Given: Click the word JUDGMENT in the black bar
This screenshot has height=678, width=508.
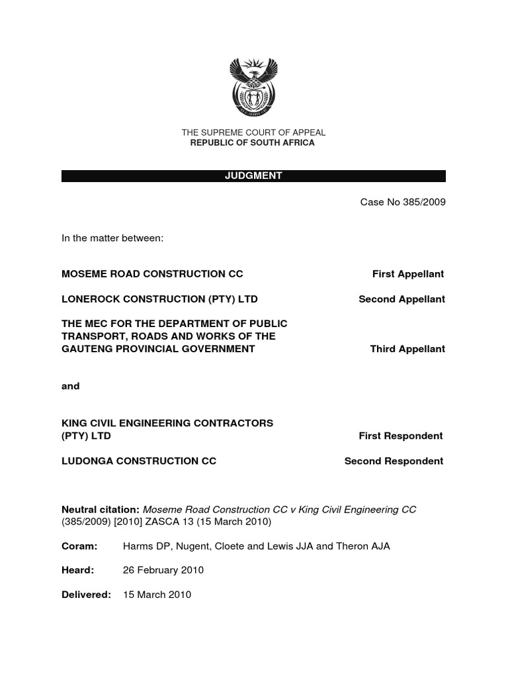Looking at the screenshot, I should (253, 176).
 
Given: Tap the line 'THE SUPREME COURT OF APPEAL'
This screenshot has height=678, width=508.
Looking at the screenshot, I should (253, 132).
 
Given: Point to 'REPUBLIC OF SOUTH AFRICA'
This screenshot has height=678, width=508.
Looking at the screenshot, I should (253, 142).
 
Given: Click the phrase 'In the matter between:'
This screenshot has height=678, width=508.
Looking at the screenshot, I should (112, 238).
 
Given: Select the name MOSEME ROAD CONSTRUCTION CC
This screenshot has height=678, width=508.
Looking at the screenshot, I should (152, 273).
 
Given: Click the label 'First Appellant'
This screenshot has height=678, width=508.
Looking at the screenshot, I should (407, 273).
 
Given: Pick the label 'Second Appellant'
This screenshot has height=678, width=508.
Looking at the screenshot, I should (402, 299).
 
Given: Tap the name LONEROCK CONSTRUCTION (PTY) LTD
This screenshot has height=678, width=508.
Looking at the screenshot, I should (159, 299).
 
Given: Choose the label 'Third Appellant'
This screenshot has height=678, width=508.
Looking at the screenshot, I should (407, 349).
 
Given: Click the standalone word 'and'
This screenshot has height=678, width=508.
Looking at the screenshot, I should (70, 386).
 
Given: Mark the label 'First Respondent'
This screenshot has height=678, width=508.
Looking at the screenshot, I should (401, 436).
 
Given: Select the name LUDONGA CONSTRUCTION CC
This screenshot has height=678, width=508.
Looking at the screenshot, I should (139, 461).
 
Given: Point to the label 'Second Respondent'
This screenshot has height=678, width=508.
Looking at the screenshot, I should (394, 461).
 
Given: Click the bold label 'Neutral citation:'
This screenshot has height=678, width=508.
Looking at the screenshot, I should (101, 509).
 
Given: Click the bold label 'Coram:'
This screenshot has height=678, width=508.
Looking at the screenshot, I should (79, 546).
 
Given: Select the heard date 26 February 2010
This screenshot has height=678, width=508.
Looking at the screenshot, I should (163, 570).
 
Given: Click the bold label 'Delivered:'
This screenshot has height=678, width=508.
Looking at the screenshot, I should (86, 595).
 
